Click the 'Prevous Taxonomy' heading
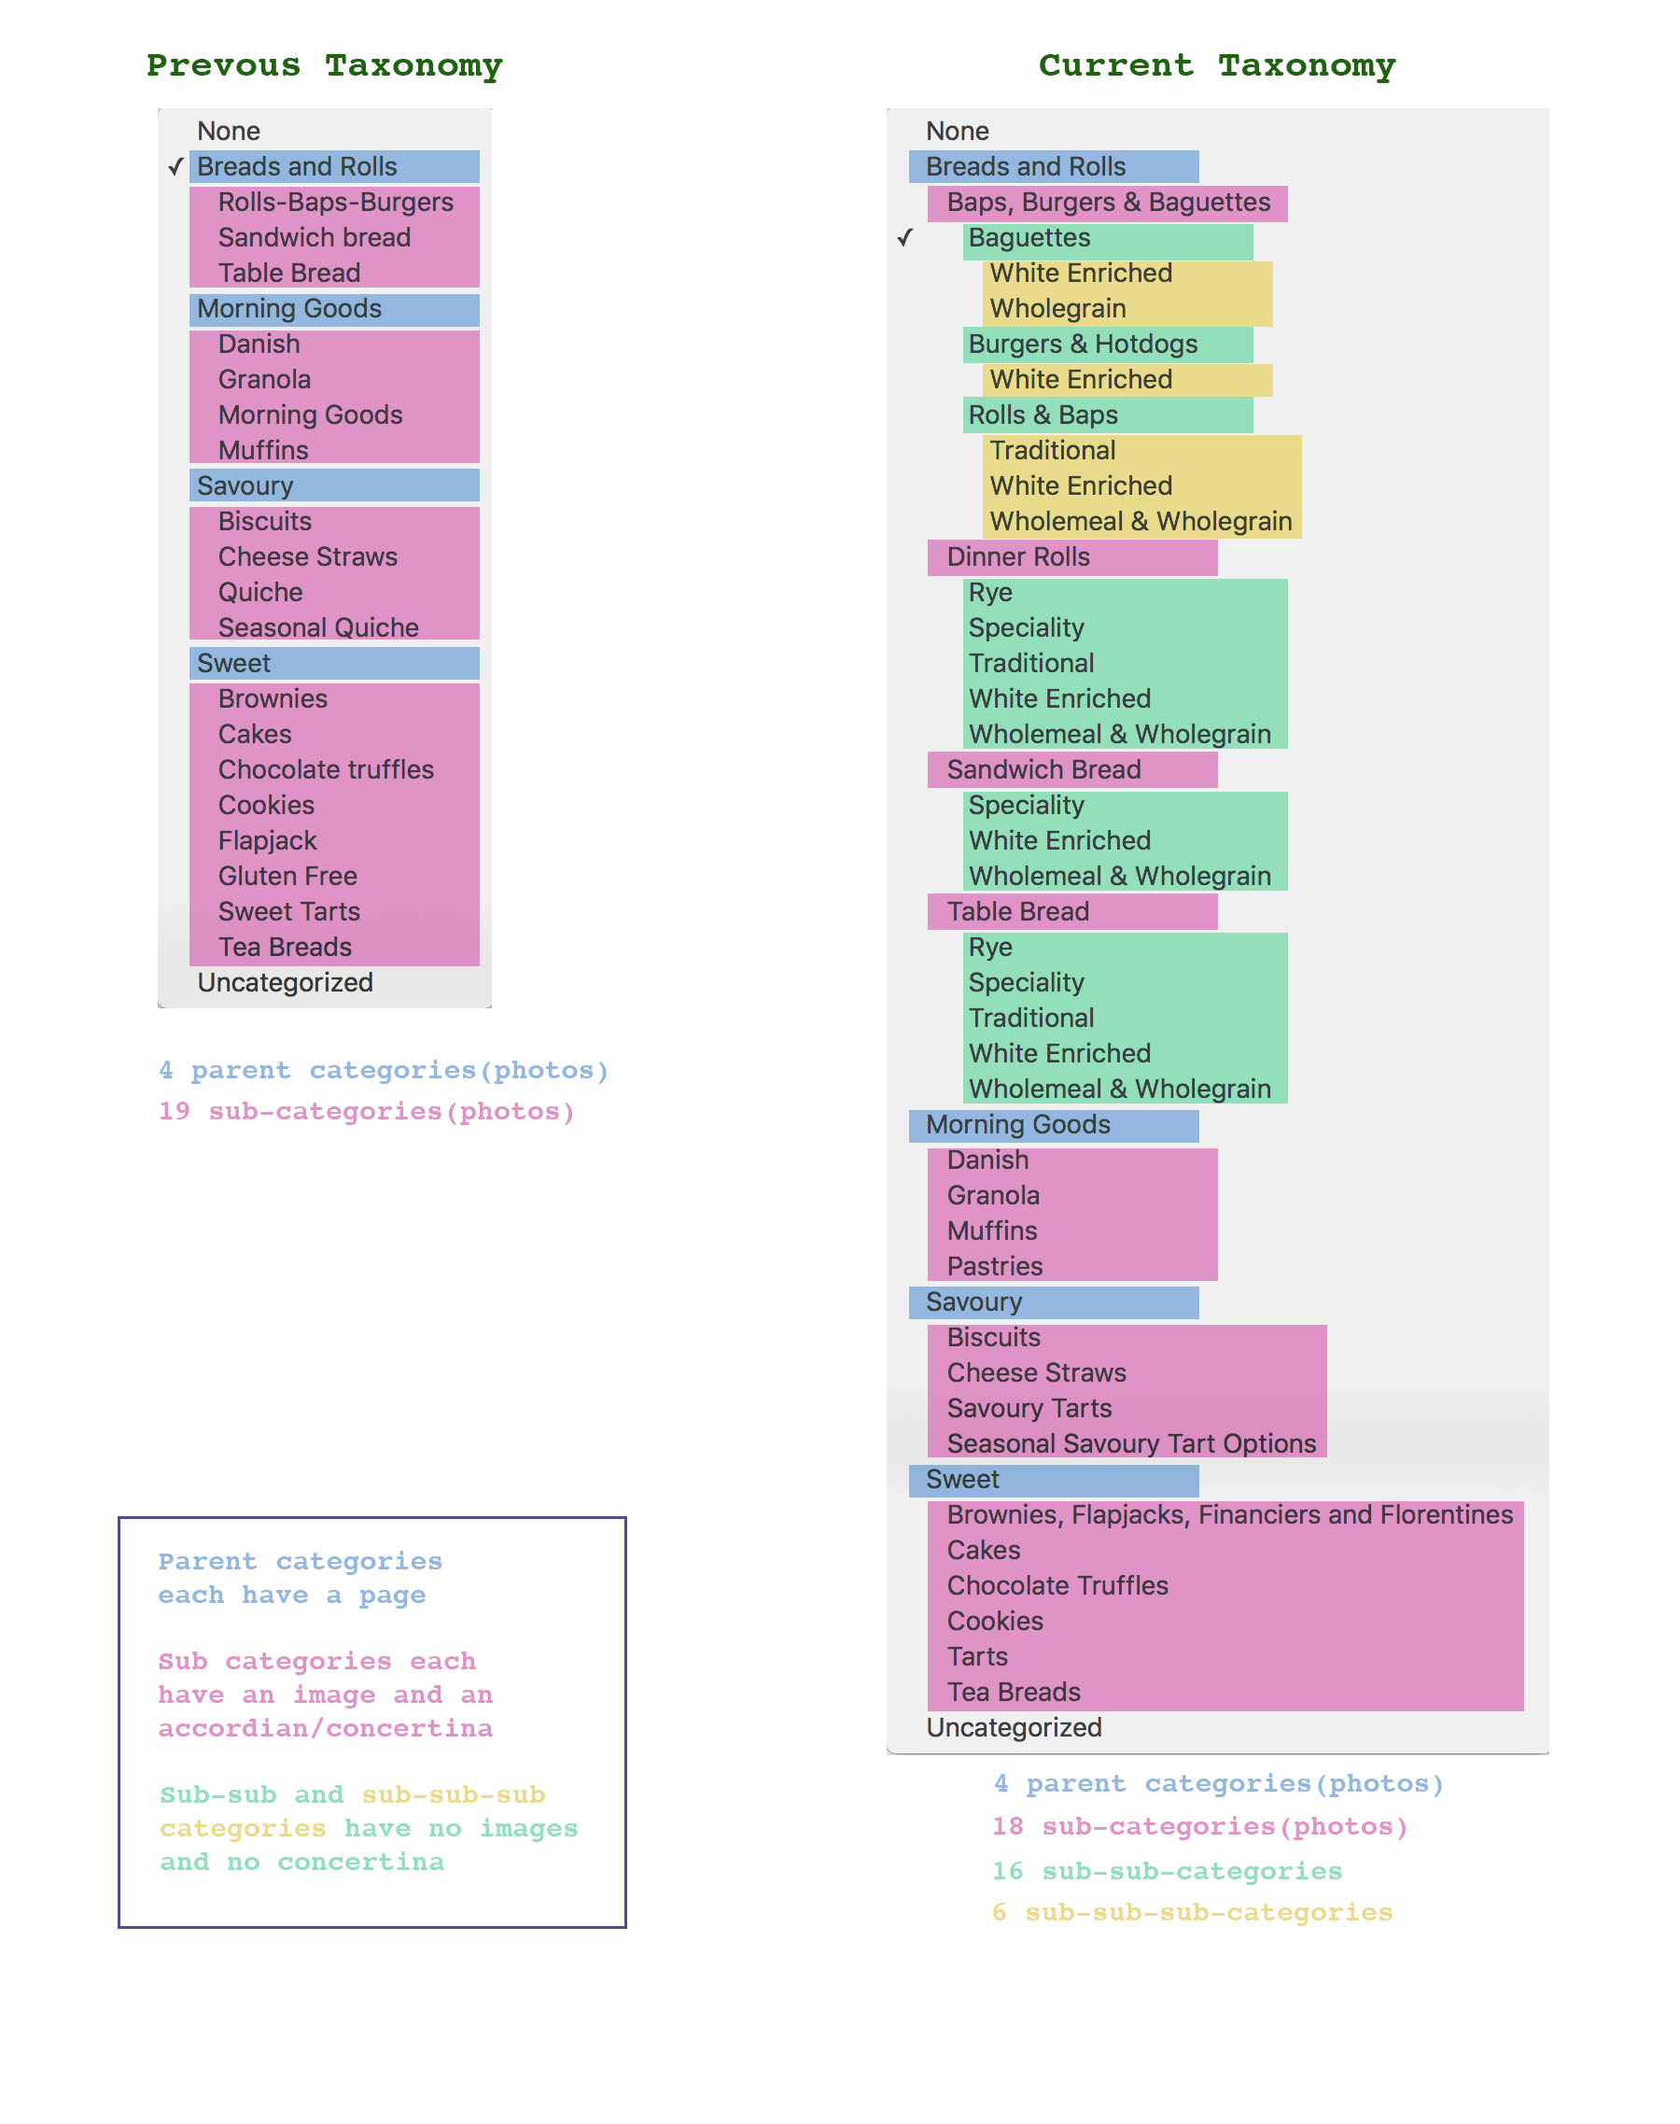coord(324,66)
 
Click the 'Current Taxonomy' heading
coord(1217,66)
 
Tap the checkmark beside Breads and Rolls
coord(176,166)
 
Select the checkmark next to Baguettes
coord(905,237)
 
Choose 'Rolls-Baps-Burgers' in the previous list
coord(335,202)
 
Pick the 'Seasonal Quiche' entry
coord(317,627)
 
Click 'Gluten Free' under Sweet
coord(287,876)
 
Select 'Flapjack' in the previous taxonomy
coord(268,840)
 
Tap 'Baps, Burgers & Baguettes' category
coord(1109,202)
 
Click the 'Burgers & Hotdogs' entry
coord(1083,344)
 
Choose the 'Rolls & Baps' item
coord(1043,415)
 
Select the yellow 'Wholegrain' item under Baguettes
coord(1057,308)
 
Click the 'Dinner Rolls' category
coord(1018,556)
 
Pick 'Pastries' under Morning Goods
coord(994,1266)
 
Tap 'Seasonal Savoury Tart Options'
coord(1131,1443)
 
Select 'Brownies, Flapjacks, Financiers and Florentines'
coord(1229,1514)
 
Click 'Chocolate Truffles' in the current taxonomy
coord(1057,1585)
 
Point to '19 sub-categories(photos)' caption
coord(367,1112)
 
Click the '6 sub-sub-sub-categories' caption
coord(1192,1912)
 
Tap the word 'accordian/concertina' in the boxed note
coord(326,1728)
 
